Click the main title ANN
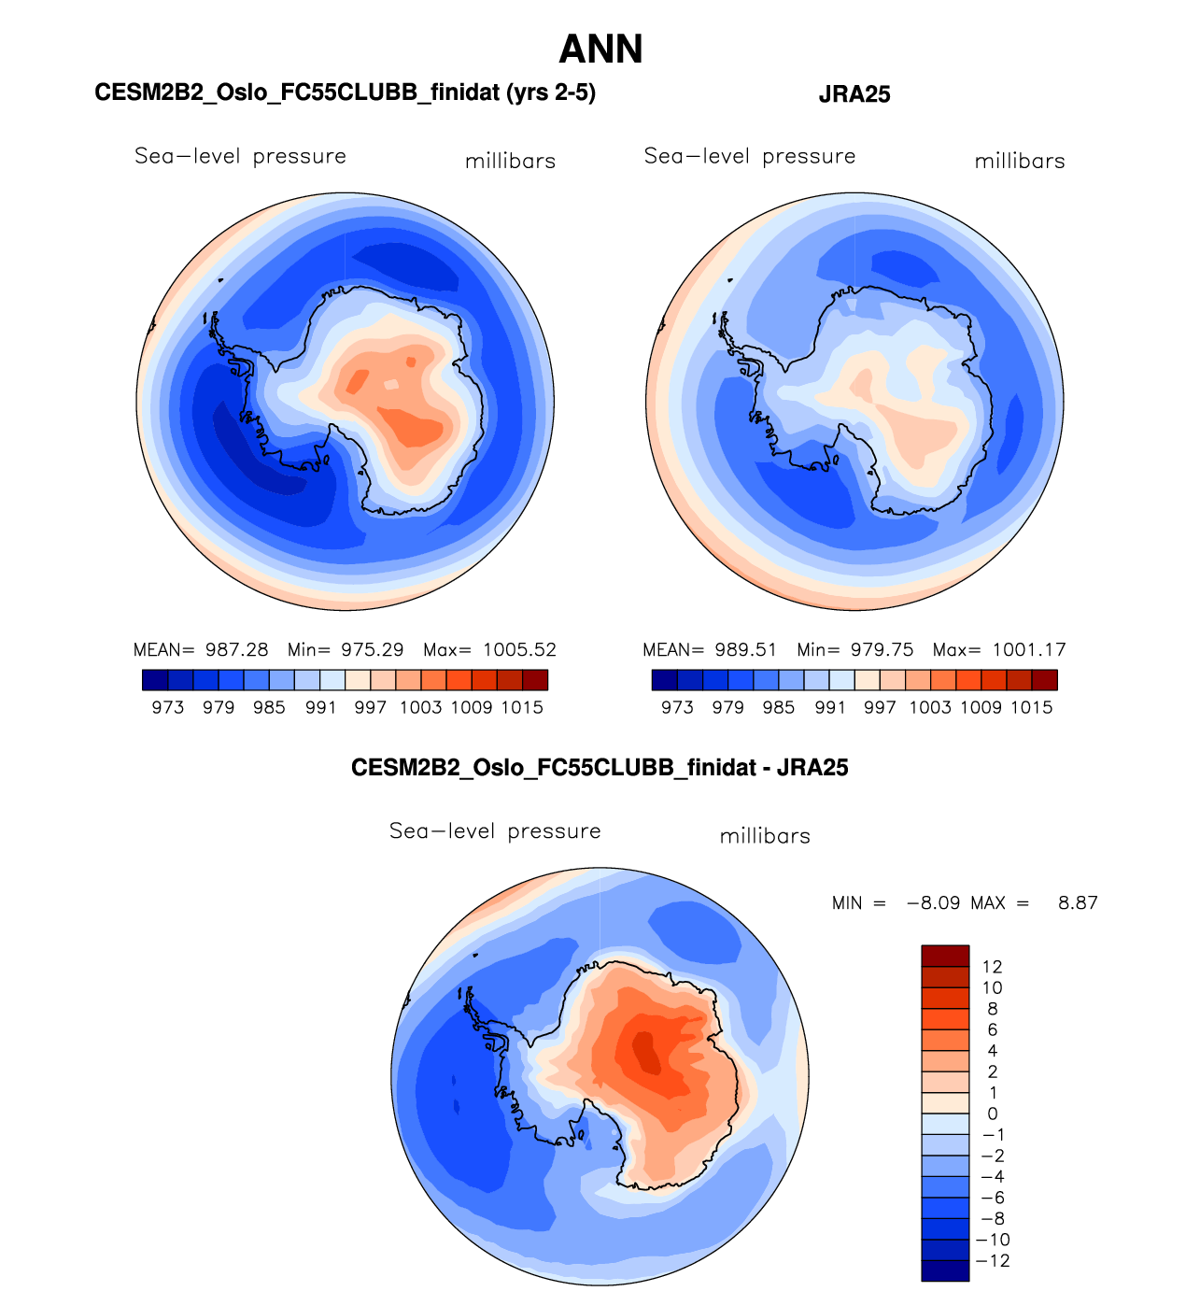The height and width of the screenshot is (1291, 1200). coord(600,50)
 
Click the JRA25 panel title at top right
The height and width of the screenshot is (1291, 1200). coord(854,94)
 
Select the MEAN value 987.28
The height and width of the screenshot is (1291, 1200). coord(236,650)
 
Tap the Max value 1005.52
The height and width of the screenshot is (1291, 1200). coord(519,650)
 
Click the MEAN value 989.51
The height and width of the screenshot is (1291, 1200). coord(746,650)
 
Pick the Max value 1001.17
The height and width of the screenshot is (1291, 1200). coord(1028,650)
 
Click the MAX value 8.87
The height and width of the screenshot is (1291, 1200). coord(1078,903)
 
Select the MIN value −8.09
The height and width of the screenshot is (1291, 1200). coord(934,903)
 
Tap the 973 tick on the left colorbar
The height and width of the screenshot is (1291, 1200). coord(168,708)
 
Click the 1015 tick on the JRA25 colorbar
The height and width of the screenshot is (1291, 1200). coord(1031,708)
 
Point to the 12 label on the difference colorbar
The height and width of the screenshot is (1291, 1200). coord(992,967)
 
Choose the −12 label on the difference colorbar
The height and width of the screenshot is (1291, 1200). coord(993,1261)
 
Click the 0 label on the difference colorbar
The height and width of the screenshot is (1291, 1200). coord(992,1114)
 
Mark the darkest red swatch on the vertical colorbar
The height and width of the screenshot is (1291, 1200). coord(945,956)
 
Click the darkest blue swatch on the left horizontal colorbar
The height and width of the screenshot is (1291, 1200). coord(155,680)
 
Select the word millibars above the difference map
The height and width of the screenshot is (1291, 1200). coord(765,837)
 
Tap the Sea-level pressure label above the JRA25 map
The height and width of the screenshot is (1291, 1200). coord(750,157)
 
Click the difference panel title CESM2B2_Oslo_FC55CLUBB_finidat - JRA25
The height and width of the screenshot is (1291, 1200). coord(600,768)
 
